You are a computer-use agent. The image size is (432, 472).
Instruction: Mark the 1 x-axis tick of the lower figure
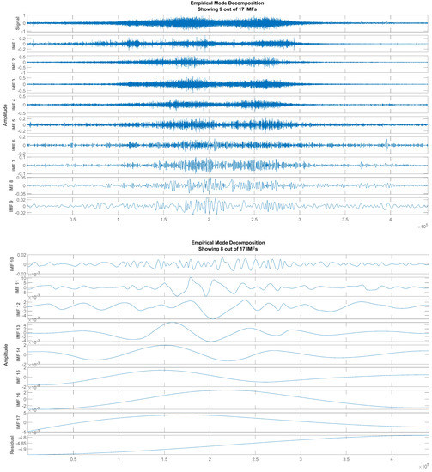pyautogui.click(x=119, y=461)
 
